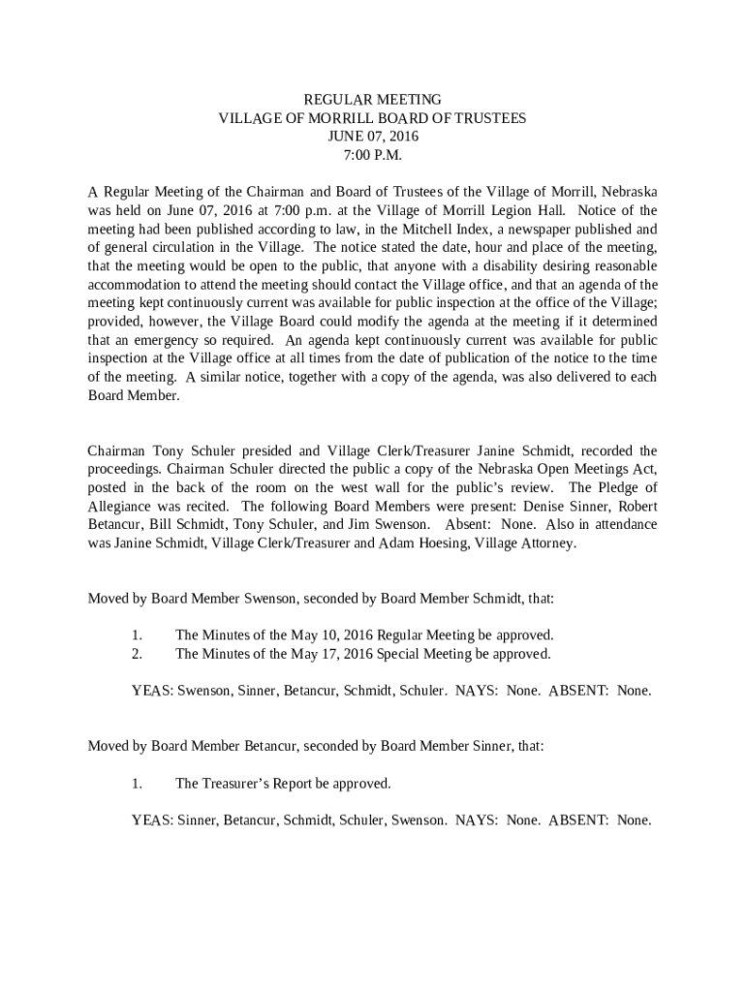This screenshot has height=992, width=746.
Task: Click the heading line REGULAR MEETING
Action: click(x=373, y=100)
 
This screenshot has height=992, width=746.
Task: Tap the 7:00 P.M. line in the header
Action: click(x=373, y=155)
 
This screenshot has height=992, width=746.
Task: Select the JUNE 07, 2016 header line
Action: click(x=373, y=137)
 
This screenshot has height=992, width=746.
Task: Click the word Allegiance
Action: click(x=121, y=506)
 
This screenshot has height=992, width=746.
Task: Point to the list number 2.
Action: click(x=137, y=654)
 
